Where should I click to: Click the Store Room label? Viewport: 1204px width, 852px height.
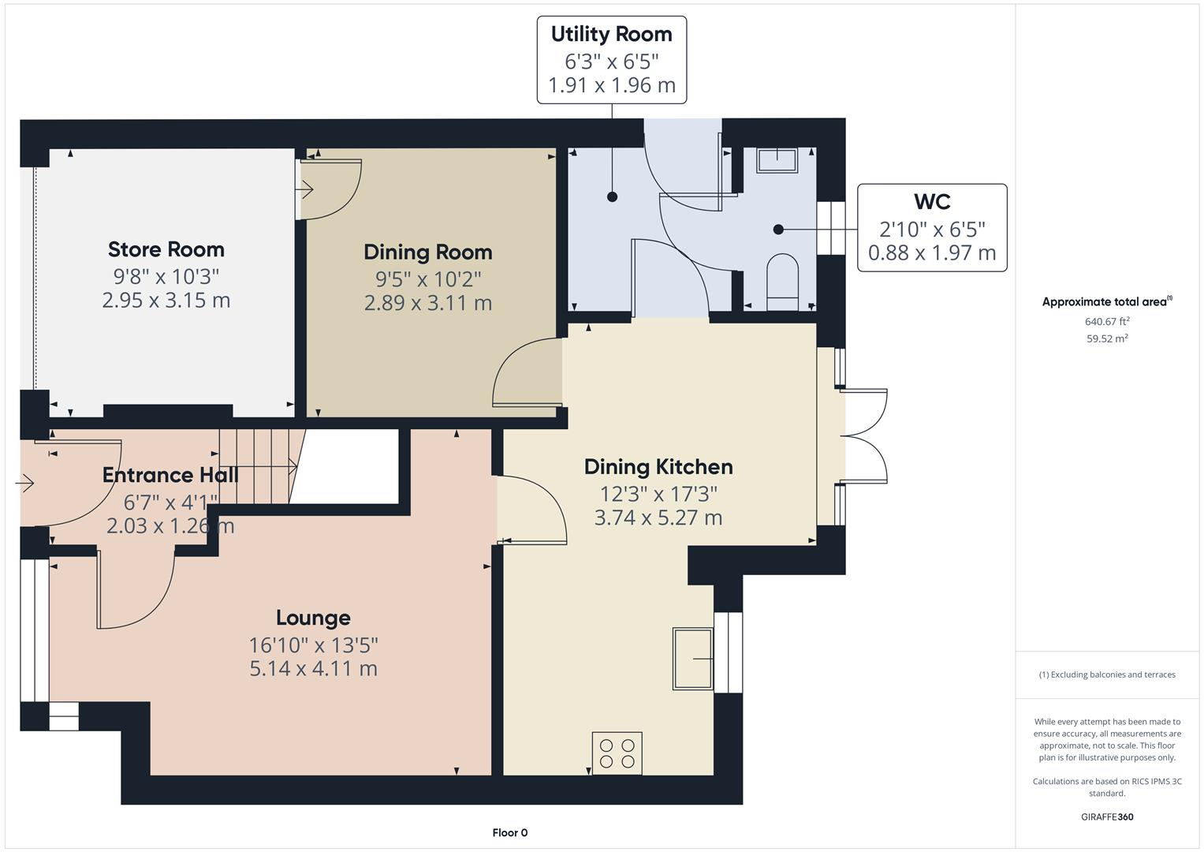tap(166, 249)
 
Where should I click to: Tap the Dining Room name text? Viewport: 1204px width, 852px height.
tap(427, 252)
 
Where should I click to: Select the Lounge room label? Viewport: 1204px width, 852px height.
tap(313, 618)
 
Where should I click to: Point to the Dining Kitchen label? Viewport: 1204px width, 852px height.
tap(658, 467)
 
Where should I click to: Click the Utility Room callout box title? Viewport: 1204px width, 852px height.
tap(611, 35)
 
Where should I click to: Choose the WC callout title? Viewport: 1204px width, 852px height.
tap(931, 202)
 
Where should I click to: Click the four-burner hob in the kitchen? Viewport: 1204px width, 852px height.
tap(617, 753)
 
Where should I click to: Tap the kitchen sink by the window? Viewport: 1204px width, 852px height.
tap(692, 658)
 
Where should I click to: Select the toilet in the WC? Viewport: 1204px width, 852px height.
tap(782, 281)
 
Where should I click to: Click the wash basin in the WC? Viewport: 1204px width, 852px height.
tap(777, 160)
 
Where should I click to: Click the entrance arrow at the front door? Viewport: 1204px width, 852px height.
tap(25, 482)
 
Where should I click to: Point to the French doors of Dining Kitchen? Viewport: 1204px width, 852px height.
tap(864, 435)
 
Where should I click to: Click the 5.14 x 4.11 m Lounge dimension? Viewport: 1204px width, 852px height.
tap(313, 669)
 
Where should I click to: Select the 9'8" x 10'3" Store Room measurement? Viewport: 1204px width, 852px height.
tap(166, 277)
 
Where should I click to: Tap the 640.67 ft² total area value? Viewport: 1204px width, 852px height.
tap(1107, 321)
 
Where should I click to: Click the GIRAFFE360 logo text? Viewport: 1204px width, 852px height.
tap(1106, 816)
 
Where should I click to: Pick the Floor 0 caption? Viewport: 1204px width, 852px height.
tap(509, 832)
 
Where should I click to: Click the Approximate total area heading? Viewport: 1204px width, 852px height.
tap(1106, 301)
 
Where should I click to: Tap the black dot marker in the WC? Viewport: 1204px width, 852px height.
tap(778, 230)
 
